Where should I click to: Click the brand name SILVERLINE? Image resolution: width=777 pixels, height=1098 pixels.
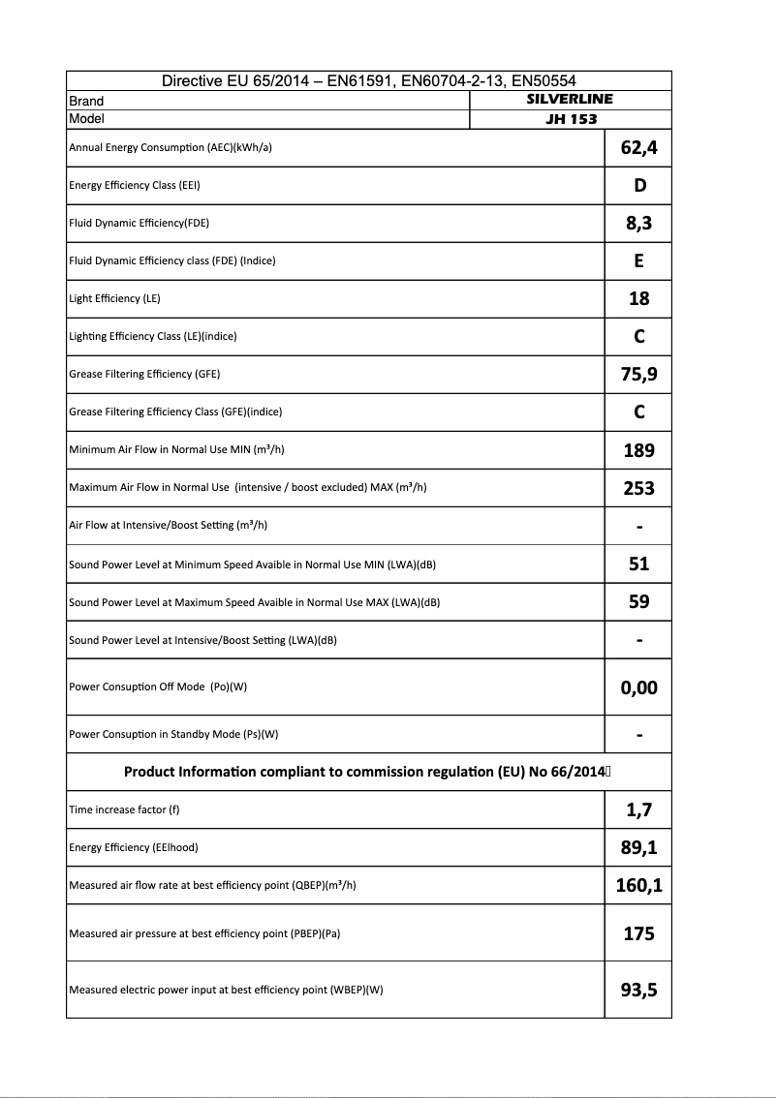click(x=570, y=100)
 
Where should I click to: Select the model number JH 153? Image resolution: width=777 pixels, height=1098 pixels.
click(x=571, y=119)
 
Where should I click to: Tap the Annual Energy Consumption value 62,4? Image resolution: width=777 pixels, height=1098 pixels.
click(x=638, y=148)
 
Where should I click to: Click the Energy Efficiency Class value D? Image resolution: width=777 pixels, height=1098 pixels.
click(x=638, y=186)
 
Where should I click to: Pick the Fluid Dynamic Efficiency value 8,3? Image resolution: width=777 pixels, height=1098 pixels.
click(x=638, y=224)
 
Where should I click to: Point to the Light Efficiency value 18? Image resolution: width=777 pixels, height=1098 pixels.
click(x=638, y=299)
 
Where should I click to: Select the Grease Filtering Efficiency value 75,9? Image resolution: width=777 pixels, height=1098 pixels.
click(x=638, y=375)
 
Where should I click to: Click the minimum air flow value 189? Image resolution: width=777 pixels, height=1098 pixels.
click(x=638, y=450)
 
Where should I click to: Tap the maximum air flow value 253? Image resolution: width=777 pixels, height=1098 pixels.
click(x=638, y=488)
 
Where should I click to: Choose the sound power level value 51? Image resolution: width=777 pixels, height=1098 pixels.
click(x=638, y=564)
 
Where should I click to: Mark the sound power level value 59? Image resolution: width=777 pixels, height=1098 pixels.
click(x=638, y=601)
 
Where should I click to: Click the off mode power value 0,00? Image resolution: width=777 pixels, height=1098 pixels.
click(x=638, y=687)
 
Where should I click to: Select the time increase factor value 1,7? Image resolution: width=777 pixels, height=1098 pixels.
click(x=638, y=809)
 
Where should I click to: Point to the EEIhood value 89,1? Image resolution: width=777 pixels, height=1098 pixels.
click(x=638, y=848)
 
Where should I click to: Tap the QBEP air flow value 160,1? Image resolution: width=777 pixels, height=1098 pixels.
click(x=638, y=885)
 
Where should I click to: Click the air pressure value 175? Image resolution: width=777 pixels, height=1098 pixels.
click(x=638, y=934)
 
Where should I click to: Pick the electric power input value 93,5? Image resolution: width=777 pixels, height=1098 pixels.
click(x=638, y=990)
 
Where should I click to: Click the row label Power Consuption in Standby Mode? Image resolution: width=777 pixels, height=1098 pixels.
click(x=173, y=734)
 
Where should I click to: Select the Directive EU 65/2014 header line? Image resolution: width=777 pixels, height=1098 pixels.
click(x=368, y=81)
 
